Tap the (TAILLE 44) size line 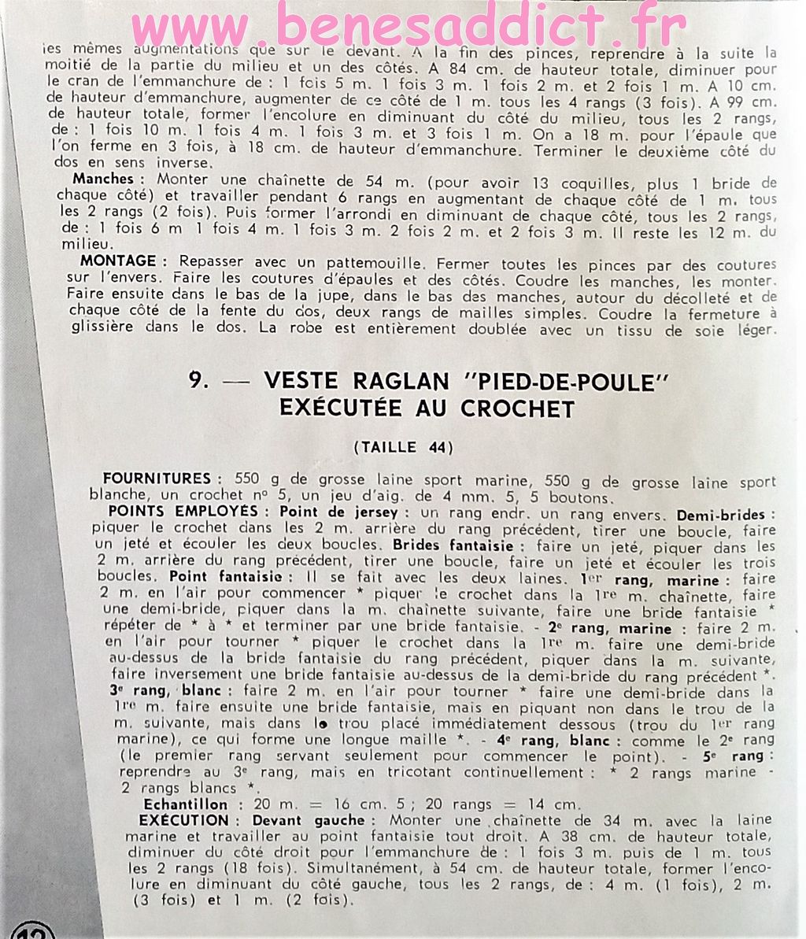[x=403, y=448]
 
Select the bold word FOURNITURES [x=157, y=479]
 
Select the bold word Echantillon [x=185, y=804]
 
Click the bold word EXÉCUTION [x=183, y=820]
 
